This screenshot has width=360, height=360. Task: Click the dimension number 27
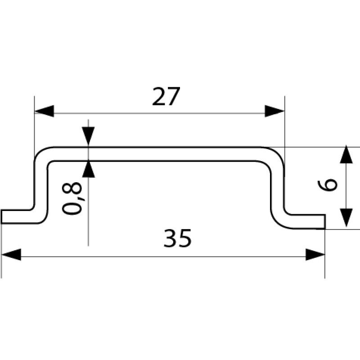(166, 97)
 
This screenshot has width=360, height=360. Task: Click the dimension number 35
(178, 238)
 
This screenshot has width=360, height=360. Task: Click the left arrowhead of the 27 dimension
(44, 111)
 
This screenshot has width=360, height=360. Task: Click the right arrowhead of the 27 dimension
(275, 111)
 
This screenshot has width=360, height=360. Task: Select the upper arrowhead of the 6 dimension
(346, 155)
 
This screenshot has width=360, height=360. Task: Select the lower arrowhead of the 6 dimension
(346, 218)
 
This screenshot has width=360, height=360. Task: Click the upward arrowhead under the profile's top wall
(89, 170)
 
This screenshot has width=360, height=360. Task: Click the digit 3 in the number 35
(171, 238)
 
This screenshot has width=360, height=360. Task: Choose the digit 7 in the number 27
(173, 97)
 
